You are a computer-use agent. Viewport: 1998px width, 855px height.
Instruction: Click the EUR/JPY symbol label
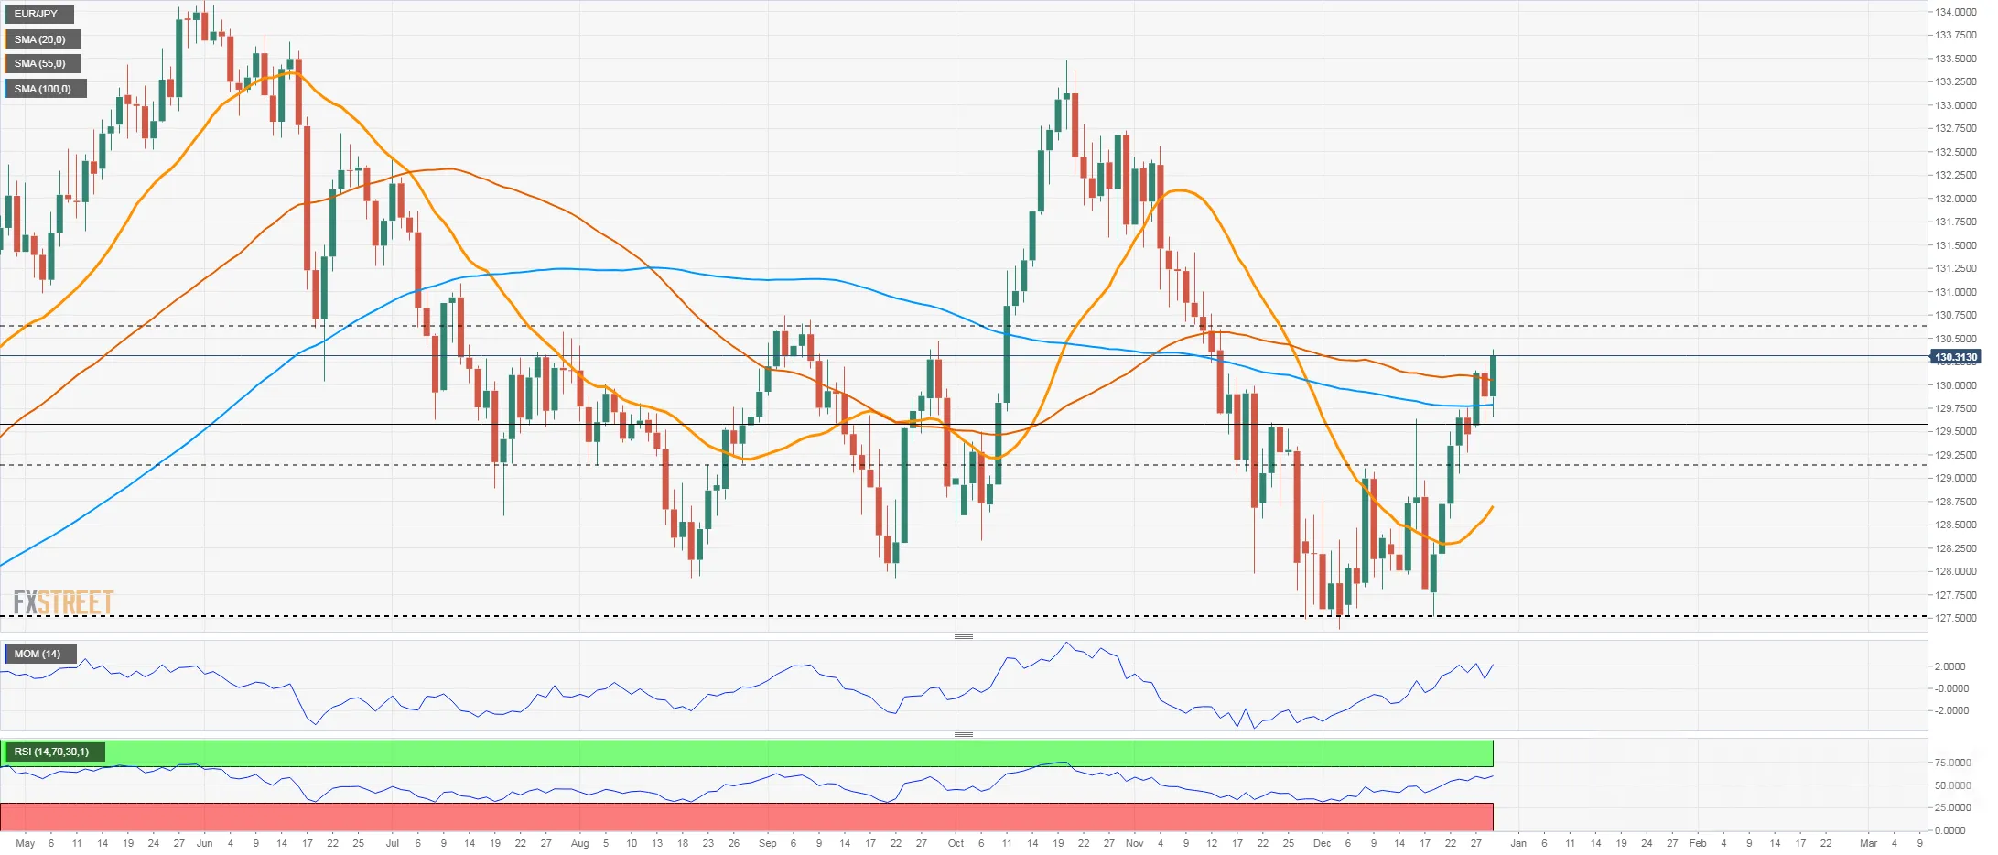point(36,14)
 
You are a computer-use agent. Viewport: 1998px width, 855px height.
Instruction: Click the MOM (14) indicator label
point(38,654)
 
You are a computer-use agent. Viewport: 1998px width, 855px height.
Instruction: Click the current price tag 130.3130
point(1955,357)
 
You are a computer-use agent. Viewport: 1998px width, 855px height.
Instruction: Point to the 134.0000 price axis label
point(1955,12)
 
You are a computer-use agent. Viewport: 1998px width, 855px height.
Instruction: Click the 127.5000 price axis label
point(1955,618)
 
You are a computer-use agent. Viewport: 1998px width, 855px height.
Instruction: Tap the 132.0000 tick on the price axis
point(1955,199)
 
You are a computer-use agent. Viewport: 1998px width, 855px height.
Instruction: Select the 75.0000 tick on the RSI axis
point(1952,763)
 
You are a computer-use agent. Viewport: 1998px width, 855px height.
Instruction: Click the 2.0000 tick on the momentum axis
point(1950,666)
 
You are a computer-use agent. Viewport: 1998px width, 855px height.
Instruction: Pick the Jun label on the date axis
point(204,843)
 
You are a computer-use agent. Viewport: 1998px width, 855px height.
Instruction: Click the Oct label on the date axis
point(956,843)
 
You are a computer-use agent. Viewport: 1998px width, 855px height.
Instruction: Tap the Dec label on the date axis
point(1322,843)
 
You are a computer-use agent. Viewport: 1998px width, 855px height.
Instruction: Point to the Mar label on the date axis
point(1868,843)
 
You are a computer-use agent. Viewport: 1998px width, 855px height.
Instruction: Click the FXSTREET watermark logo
point(63,602)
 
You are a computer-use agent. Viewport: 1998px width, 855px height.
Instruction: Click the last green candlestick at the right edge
point(1493,376)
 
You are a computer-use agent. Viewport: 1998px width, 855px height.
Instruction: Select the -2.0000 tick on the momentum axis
point(1950,710)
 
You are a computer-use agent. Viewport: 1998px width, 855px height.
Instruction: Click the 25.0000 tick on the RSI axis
point(1952,807)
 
